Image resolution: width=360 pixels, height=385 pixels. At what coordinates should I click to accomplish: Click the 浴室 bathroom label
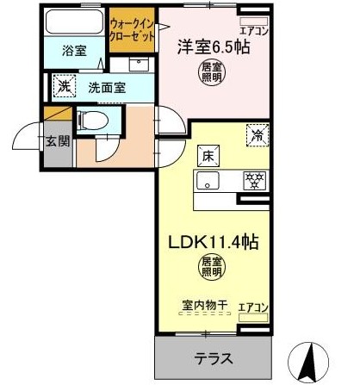pos(74,51)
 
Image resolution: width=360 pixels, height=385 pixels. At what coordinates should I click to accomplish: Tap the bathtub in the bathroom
pos(74,22)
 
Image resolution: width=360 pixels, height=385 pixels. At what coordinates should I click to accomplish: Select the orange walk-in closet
pos(132,30)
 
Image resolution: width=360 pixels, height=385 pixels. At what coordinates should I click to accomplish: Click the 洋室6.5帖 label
pos(214,47)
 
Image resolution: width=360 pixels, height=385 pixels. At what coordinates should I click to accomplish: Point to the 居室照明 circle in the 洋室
pos(212,72)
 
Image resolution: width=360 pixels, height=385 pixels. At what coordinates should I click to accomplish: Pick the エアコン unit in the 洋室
pos(254,21)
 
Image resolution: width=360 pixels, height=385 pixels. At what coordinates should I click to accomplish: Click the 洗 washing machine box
pos(65,86)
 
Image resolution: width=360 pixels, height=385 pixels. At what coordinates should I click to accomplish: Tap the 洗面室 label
pos(107,88)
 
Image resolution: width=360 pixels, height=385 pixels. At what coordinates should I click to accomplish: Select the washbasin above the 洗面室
pos(139,65)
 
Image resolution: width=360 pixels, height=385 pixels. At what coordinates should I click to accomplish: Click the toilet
pos(92,121)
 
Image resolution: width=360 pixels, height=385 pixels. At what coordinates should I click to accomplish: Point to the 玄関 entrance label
pos(58,140)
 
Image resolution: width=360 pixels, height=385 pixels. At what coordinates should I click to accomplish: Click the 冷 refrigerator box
pos(258,135)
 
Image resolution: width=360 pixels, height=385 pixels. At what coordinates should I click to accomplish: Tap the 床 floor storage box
pos(208,156)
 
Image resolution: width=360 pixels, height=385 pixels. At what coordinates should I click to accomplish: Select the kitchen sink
pos(208,180)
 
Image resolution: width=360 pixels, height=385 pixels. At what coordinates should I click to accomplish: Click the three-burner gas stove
pos(255,181)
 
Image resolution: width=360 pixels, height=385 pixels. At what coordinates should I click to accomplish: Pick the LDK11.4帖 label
pos(214,242)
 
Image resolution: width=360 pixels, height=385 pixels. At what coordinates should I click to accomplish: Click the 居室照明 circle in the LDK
pos(213,267)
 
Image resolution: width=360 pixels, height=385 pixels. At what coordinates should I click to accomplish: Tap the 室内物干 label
pos(205,305)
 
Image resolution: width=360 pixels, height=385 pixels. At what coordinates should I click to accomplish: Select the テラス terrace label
pos(214,358)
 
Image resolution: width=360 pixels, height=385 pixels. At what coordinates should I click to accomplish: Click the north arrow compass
pos(309,363)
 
